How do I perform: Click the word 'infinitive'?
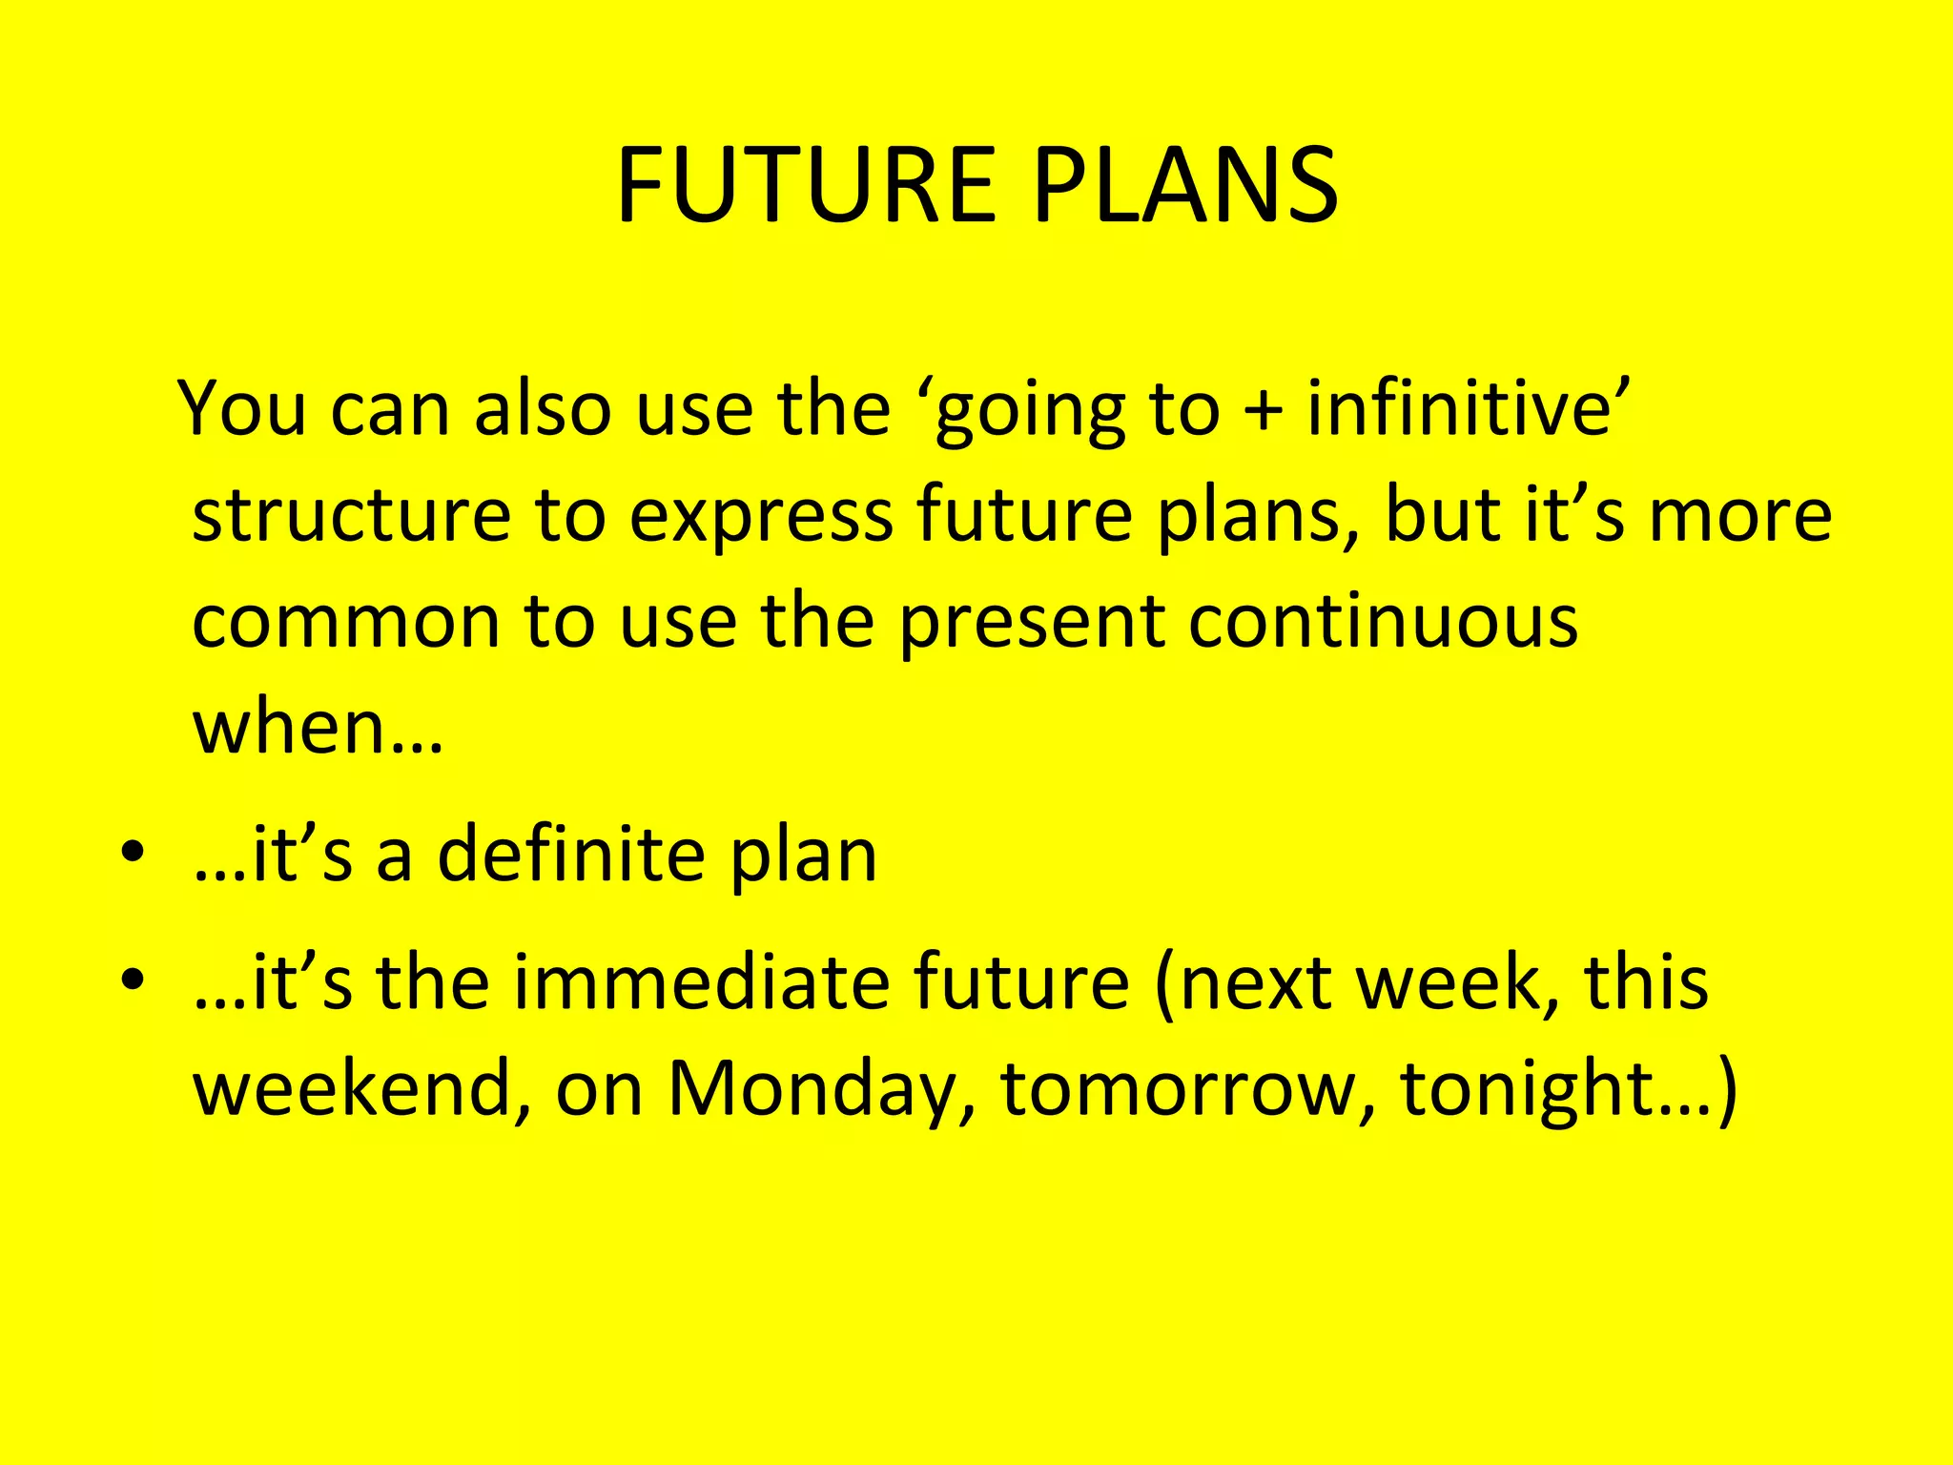[x=1459, y=409]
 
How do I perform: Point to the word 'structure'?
[x=351, y=516]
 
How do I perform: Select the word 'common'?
[x=346, y=623]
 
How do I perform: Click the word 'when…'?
[x=318, y=727]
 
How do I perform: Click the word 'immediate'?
[x=701, y=982]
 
